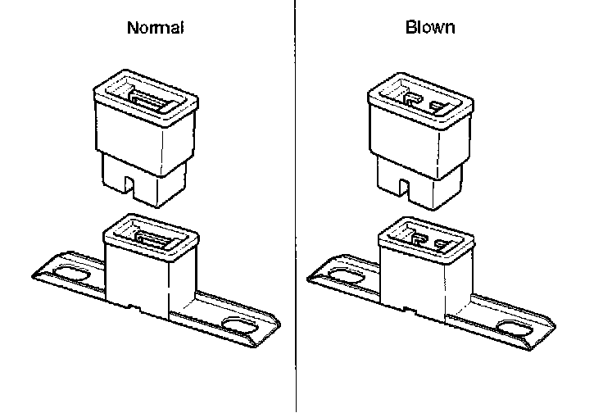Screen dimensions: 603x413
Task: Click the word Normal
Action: click(x=156, y=28)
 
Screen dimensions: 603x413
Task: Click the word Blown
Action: click(x=430, y=28)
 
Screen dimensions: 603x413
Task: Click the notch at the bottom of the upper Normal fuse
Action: click(x=129, y=184)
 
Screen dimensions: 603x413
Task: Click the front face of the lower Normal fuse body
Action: click(x=137, y=284)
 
